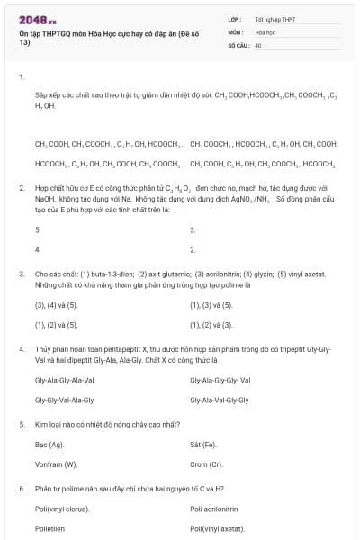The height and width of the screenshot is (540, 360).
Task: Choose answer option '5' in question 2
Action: pos(37,229)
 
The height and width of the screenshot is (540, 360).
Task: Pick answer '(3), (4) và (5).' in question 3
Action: pos(56,305)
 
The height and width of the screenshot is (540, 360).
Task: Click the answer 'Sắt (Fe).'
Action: pos(203,445)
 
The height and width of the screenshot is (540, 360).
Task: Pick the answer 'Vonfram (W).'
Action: pos(56,464)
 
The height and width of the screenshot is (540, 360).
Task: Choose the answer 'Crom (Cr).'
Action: pos(206,464)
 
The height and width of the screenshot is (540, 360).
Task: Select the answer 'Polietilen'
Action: pos(50,529)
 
